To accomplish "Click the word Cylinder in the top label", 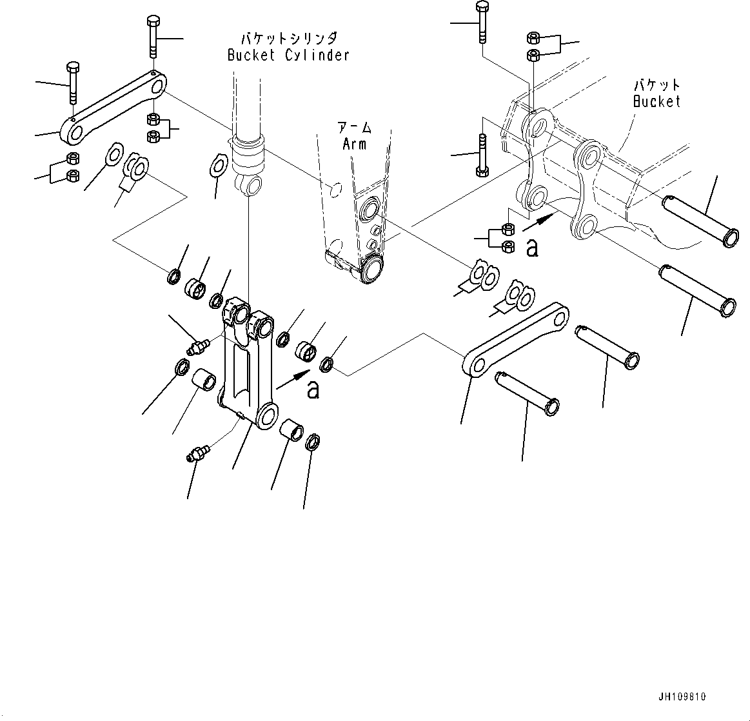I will pyautogui.click(x=316, y=55).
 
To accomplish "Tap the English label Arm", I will pyautogui.click(x=355, y=143).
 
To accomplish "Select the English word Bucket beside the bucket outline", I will pyautogui.click(x=656, y=101).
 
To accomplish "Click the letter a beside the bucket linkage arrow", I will pyautogui.click(x=531, y=248).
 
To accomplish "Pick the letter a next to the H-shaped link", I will pyautogui.click(x=313, y=390).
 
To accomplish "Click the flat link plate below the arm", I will pyautogui.click(x=516, y=340).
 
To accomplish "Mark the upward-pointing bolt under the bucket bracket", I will pyautogui.click(x=482, y=155).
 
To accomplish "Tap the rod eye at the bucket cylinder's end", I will pyautogui.click(x=250, y=187).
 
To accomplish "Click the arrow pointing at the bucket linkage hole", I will pyautogui.click(x=537, y=223).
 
